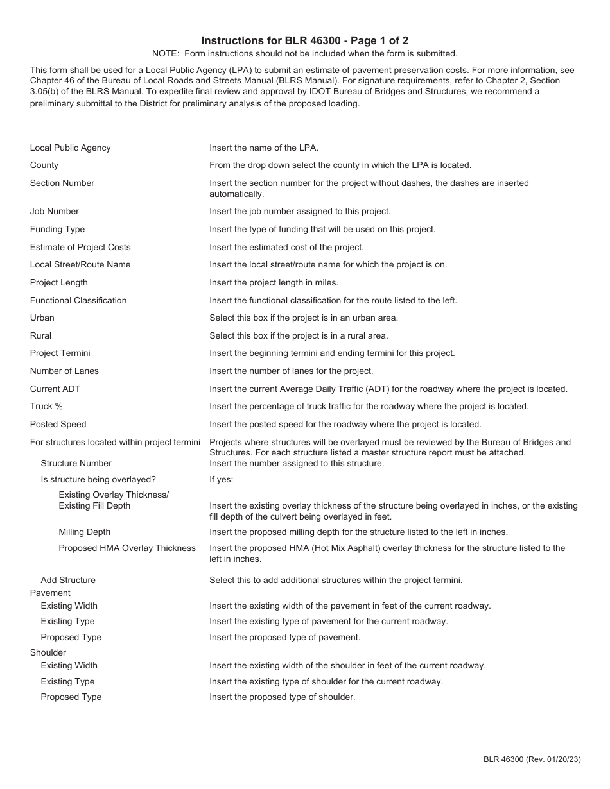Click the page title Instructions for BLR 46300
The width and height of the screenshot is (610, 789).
pyautogui.click(x=304, y=40)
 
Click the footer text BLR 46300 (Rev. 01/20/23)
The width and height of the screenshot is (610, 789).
pyautogui.click(x=532, y=759)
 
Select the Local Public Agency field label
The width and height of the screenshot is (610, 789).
pyautogui.click(x=70, y=148)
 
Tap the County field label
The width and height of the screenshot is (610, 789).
pyautogui.click(x=44, y=165)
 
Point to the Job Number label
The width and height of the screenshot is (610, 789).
pyautogui.click(x=54, y=211)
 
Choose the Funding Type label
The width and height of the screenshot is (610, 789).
pyautogui.click(x=57, y=229)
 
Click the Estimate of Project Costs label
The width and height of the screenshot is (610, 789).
pyautogui.click(x=80, y=247)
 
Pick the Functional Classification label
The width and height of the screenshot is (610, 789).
pyautogui.click(x=78, y=300)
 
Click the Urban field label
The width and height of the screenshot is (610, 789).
pyautogui.click(x=42, y=318)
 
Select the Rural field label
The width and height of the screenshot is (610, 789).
pyautogui.click(x=40, y=335)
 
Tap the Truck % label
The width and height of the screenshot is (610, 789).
pyautogui.click(x=46, y=406)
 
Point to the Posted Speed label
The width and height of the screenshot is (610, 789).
pyautogui.click(x=58, y=424)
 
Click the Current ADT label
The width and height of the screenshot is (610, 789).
pyautogui.click(x=55, y=389)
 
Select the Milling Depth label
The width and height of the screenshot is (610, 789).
pyautogui.click(x=84, y=532)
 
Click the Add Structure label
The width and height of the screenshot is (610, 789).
pyautogui.click(x=68, y=580)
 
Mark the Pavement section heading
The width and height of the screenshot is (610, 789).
pyautogui.click(x=50, y=593)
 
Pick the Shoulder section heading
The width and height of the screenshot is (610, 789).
pyautogui.click(x=48, y=652)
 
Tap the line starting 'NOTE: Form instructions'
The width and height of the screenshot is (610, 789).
pyautogui.click(x=304, y=53)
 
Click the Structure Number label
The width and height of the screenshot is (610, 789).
pyautogui.click(x=76, y=463)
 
